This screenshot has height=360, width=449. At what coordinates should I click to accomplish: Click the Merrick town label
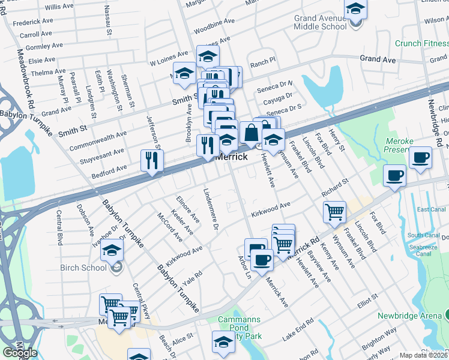tap(231, 156)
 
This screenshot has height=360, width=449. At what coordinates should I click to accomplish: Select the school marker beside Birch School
tap(112, 250)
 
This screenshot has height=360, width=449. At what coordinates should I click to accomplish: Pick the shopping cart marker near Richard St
tap(334, 211)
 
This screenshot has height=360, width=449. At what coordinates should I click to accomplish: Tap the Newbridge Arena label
tap(409, 316)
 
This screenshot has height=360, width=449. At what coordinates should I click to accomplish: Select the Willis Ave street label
tap(59, 7)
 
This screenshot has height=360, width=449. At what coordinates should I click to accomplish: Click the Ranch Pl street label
tap(262, 61)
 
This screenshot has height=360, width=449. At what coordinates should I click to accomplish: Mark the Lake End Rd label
tap(298, 331)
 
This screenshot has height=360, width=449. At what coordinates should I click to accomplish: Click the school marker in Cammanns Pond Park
tap(223, 342)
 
